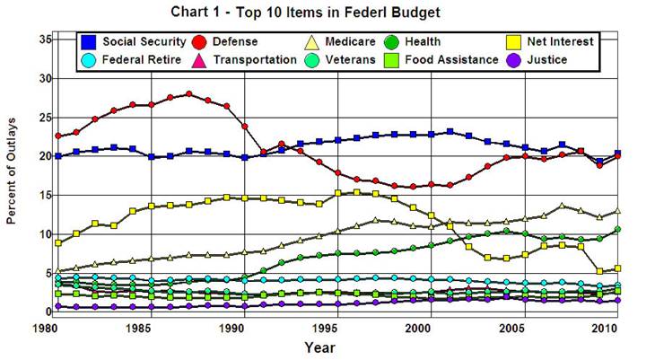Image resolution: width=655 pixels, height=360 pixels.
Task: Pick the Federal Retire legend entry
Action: tap(135, 59)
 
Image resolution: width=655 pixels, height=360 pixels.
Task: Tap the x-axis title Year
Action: tap(337, 347)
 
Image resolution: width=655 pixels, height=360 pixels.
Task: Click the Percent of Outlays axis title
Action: tap(13, 176)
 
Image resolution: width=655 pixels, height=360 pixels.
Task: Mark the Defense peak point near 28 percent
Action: tap(188, 93)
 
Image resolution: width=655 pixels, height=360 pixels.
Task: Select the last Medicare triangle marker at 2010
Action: tap(617, 211)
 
